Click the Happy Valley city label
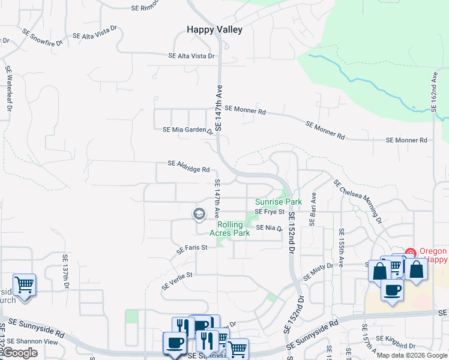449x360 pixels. pyautogui.click(x=214, y=29)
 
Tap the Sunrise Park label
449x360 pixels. pyautogui.click(x=278, y=202)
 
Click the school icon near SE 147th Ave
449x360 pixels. pyautogui.click(x=199, y=214)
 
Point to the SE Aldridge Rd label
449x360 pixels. pyautogui.click(x=188, y=166)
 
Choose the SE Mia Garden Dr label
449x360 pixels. pyautogui.click(x=188, y=130)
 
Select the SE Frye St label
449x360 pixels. pyautogui.click(x=269, y=212)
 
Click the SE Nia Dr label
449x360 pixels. pyautogui.click(x=269, y=228)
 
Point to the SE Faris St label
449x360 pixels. pyautogui.click(x=191, y=247)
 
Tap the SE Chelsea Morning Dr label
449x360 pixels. pyautogui.click(x=357, y=201)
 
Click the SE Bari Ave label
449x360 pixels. pyautogui.click(x=312, y=209)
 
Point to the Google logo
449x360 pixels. pyautogui.click(x=20, y=353)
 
